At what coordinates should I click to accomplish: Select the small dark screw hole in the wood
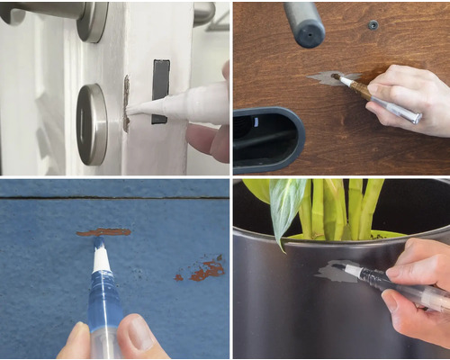click(373, 25)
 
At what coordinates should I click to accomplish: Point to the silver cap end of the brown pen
click(409, 115)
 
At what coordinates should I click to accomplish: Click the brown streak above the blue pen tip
click(103, 232)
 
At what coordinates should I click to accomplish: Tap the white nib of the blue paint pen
click(102, 256)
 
